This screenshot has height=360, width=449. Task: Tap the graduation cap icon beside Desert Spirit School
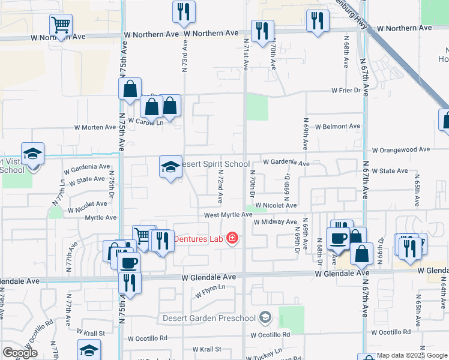170,167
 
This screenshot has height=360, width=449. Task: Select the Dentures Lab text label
198,239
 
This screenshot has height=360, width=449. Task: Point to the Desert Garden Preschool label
209,317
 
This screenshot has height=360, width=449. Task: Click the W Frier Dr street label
349,91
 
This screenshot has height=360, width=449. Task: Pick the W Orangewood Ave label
401,149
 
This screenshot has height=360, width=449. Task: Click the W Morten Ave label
95,127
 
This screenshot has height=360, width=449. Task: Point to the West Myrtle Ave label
228,214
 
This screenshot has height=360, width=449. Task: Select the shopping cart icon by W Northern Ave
61,25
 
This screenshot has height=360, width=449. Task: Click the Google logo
20,353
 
